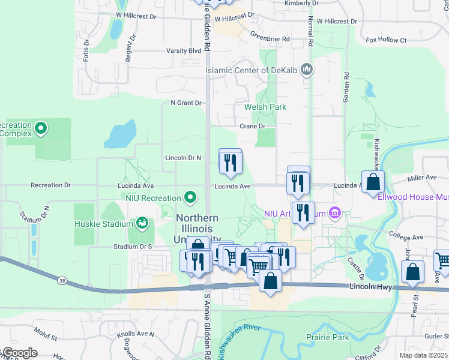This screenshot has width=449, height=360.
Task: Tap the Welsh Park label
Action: pos(265,107)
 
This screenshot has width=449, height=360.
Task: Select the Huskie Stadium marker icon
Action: pos(142,224)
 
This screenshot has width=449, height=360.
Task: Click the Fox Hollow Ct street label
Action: pos(386,40)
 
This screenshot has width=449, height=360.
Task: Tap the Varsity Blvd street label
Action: pos(184,51)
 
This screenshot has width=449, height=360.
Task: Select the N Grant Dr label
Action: pos(185,103)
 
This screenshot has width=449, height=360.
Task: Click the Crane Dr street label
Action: pos(252,126)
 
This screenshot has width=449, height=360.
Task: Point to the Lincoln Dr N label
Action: pos(182,158)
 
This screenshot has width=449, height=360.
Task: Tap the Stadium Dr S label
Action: pos(133,247)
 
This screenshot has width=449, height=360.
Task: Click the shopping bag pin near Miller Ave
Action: pos(373,182)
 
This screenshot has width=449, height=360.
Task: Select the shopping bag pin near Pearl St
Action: pos(413,272)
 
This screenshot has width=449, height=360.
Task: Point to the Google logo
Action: pos(19,353)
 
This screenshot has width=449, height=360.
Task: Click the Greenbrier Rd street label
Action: pos(270,37)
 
